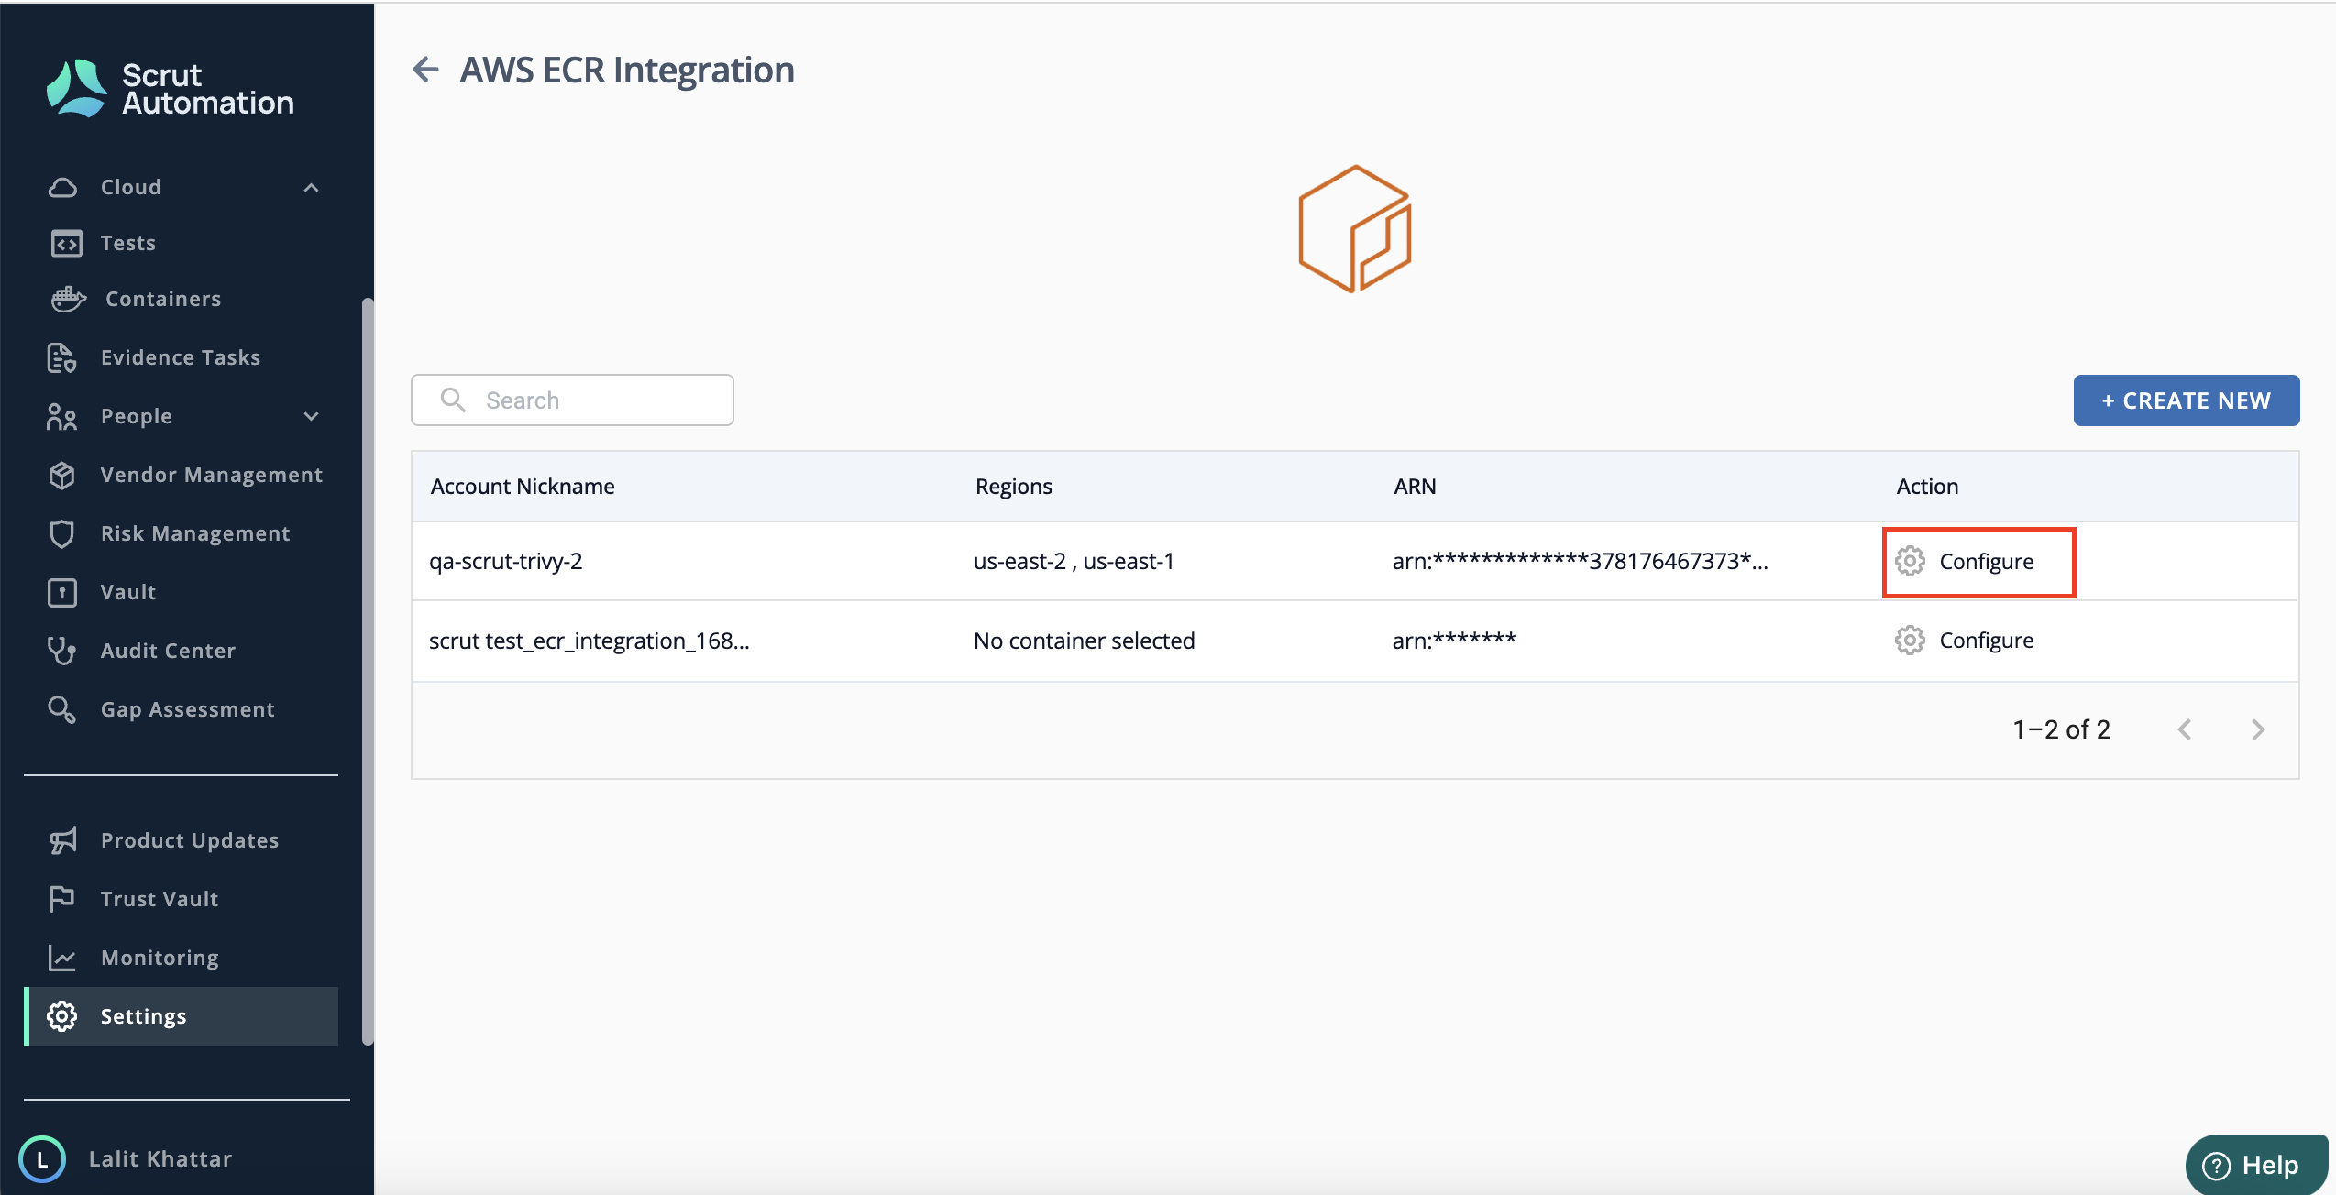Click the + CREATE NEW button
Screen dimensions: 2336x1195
click(x=2186, y=400)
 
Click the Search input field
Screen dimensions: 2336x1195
click(x=572, y=400)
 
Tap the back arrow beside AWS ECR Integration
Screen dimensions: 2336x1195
click(x=425, y=70)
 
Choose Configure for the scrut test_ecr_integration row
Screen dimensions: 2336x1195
click(x=1965, y=640)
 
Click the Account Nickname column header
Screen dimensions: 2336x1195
click(x=523, y=486)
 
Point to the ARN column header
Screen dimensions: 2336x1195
click(x=1415, y=486)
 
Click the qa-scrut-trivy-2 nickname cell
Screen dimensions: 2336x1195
click(x=506, y=561)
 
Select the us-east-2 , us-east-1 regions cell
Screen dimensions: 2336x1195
click(x=1074, y=561)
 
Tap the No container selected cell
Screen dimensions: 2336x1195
click(x=1084, y=641)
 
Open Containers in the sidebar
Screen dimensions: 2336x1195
click(x=163, y=299)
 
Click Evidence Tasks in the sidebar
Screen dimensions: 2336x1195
click(x=181, y=357)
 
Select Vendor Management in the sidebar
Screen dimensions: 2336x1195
click(x=211, y=475)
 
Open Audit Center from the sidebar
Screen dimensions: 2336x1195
click(x=168, y=651)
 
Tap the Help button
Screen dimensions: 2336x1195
click(x=2256, y=1165)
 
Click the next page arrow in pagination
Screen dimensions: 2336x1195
click(x=2258, y=729)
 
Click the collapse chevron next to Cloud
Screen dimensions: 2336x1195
click(x=312, y=188)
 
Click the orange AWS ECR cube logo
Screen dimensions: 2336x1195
click(x=1354, y=229)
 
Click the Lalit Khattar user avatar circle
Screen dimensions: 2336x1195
click(x=42, y=1159)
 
